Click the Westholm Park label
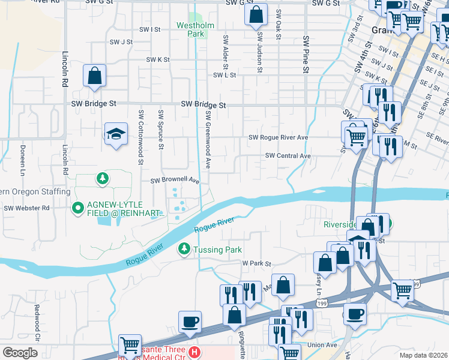tap(191, 29)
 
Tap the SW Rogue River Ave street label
tap(278, 137)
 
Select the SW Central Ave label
tap(288, 156)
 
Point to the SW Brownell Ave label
tap(174, 180)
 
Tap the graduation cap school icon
tap(116, 134)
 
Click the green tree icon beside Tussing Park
tap(184, 248)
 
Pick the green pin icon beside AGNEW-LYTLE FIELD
tap(77, 208)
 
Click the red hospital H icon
tap(193, 352)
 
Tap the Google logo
tap(20, 352)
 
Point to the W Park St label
tap(257, 263)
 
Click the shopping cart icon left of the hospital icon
tap(130, 346)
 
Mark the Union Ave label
tap(322, 345)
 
